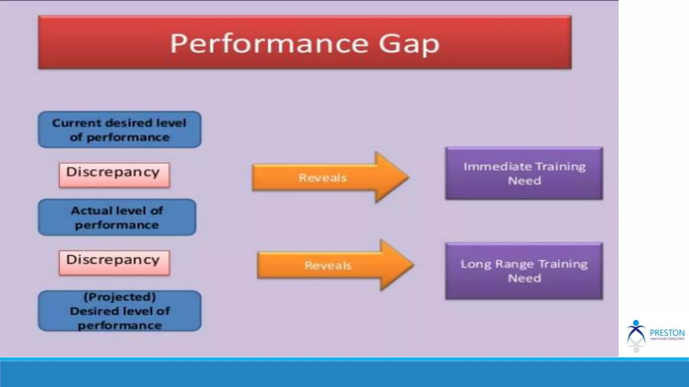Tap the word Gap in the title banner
coord(409,44)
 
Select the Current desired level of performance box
coord(119,130)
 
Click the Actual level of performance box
coord(117,217)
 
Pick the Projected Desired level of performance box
coord(119,311)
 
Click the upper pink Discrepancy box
coord(114,175)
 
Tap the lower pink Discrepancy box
coord(114,263)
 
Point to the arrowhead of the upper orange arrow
coord(392,177)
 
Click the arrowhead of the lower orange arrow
coord(397,265)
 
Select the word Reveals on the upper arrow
coord(322,178)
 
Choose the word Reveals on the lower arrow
coord(328,265)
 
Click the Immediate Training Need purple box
coord(524,173)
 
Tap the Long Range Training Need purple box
coord(524,271)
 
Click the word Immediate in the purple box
coord(497,167)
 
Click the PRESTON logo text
coord(667,333)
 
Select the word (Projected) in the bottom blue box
coord(119,297)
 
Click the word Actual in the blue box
coord(92,211)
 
